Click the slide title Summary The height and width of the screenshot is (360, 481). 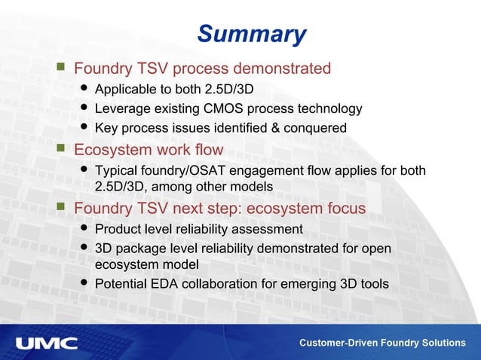click(x=252, y=34)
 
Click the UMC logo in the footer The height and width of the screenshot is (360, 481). click(x=47, y=343)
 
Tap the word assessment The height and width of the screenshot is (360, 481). click(x=268, y=229)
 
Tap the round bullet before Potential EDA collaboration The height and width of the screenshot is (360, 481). click(x=84, y=284)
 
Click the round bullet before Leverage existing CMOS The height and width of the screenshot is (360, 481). click(x=84, y=108)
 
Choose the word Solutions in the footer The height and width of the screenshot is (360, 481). click(x=443, y=343)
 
